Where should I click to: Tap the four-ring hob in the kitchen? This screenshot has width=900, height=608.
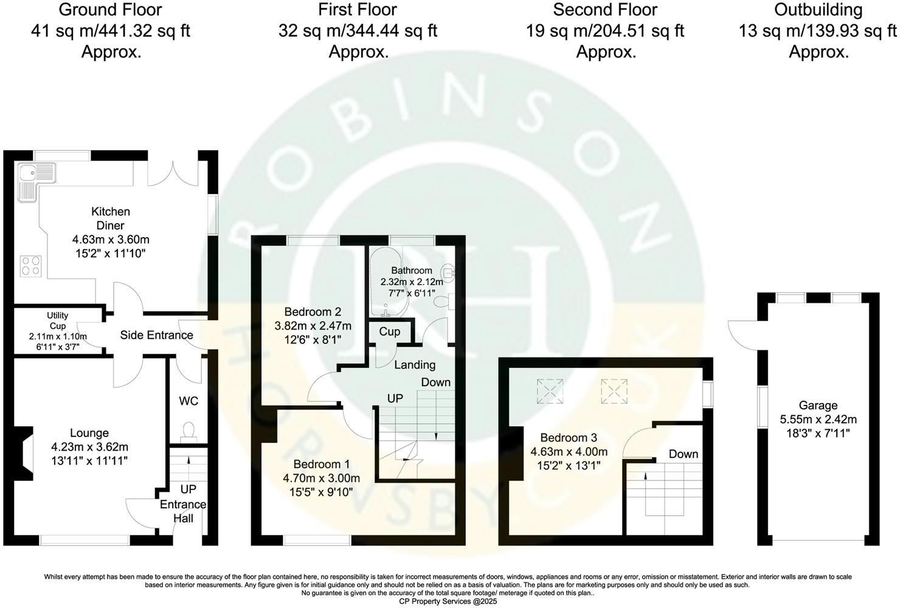tap(31, 266)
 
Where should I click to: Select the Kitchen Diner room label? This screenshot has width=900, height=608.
tap(110, 218)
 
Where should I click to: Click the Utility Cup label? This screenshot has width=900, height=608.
tap(57, 320)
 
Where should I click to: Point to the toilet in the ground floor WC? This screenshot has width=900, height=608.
tap(189, 430)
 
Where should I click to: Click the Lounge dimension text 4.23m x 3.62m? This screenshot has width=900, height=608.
tap(89, 447)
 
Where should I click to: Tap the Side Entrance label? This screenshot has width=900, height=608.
tap(156, 335)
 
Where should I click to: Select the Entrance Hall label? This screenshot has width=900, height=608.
tap(183, 511)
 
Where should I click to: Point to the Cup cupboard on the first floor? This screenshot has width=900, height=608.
tap(390, 331)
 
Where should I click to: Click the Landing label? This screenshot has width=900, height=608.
tap(415, 365)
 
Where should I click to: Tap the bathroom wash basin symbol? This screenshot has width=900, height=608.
tap(451, 274)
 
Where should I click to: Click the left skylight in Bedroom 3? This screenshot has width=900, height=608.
tap(549, 391)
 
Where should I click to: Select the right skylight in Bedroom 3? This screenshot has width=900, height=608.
tap(614, 391)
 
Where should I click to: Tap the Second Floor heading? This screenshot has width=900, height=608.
tap(605, 10)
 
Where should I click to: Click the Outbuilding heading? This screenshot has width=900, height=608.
tap(818, 10)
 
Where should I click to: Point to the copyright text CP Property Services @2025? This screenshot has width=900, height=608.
tap(451, 601)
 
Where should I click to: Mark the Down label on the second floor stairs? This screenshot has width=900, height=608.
tap(684, 454)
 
